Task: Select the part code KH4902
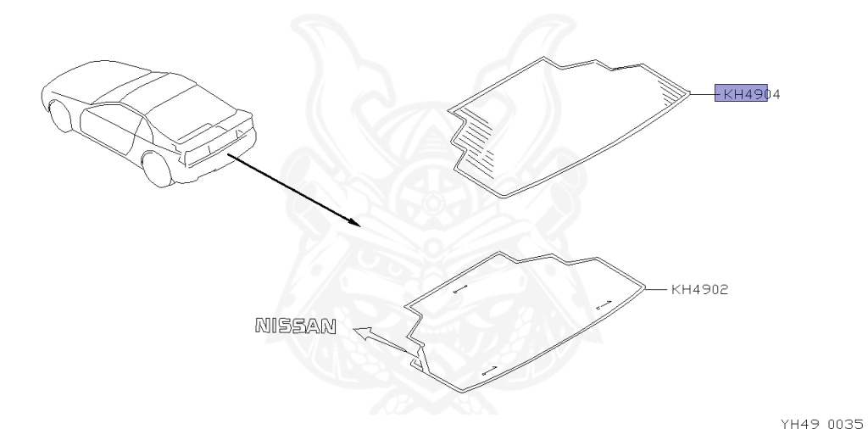699,289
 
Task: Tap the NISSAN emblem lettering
296,325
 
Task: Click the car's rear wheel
155,167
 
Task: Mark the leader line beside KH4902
655,289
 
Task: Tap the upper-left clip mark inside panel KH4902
460,290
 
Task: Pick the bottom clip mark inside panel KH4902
487,370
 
